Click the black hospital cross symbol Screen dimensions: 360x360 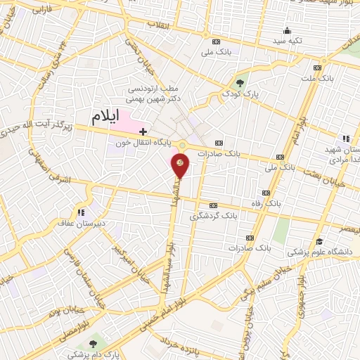143,131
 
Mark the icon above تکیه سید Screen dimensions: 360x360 287,30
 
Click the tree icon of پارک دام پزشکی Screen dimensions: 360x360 93,343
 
